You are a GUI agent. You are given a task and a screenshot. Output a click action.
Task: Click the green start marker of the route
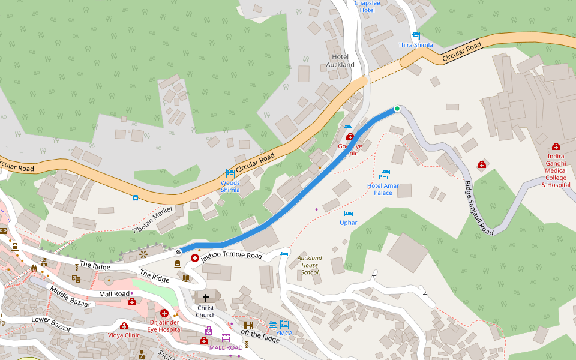coord(397,109)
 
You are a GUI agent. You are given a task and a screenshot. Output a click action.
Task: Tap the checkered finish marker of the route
coord(179,252)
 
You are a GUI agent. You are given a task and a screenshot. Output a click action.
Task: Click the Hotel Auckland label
coord(340,61)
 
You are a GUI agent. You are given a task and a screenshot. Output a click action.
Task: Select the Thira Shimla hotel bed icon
coord(415,35)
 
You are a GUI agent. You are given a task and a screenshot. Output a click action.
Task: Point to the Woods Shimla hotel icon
coord(230,173)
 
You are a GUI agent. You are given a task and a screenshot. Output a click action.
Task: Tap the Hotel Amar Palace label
coord(383,189)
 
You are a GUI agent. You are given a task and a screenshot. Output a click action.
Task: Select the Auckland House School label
coord(310,265)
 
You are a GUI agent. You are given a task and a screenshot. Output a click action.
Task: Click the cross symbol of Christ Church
coord(206,298)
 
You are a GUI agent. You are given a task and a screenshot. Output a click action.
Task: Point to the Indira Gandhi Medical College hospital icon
coord(556,146)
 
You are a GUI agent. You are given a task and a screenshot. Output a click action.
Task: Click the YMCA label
coord(284,333)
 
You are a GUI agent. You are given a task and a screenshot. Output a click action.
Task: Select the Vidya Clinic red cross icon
coord(124,326)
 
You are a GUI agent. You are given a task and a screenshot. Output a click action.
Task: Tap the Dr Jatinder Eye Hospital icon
coord(164,313)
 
